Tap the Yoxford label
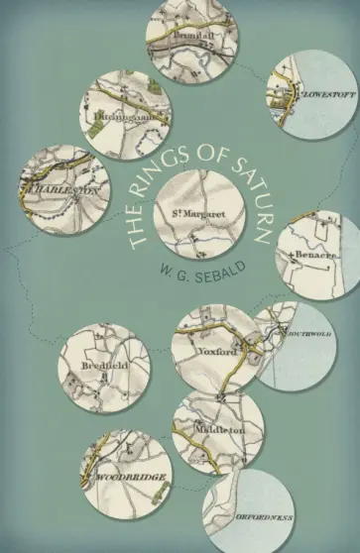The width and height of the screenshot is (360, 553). [215, 351]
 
